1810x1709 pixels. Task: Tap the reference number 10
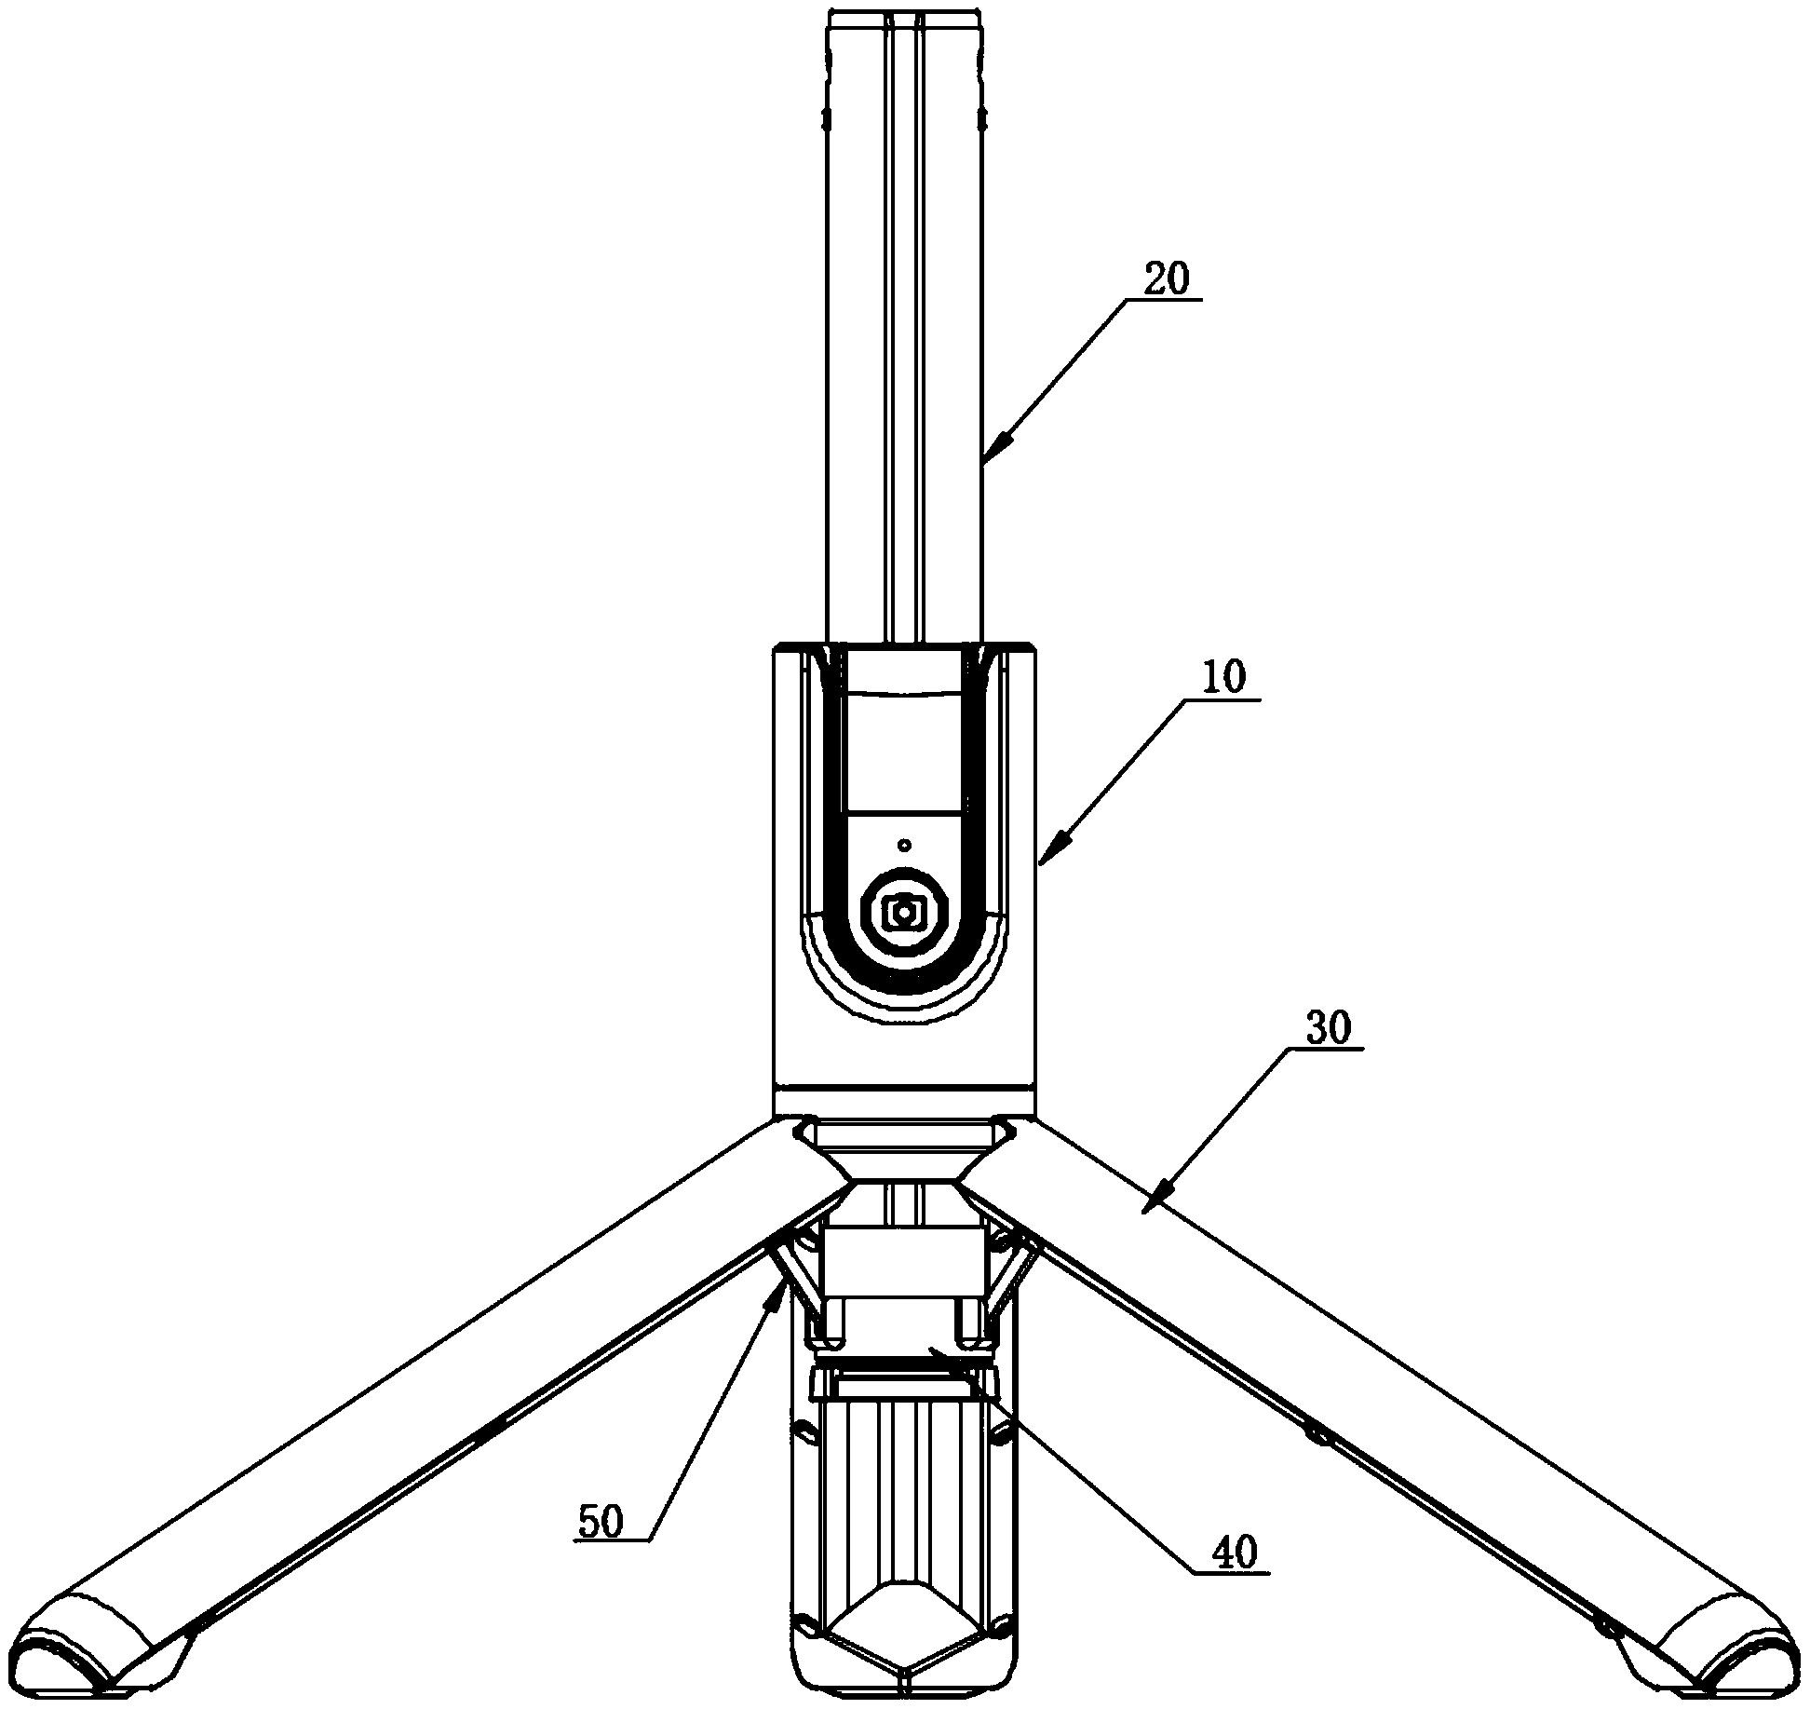(1223, 678)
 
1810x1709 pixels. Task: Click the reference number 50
(601, 1522)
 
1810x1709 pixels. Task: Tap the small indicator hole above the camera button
(904, 845)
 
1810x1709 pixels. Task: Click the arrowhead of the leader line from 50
(772, 1294)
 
